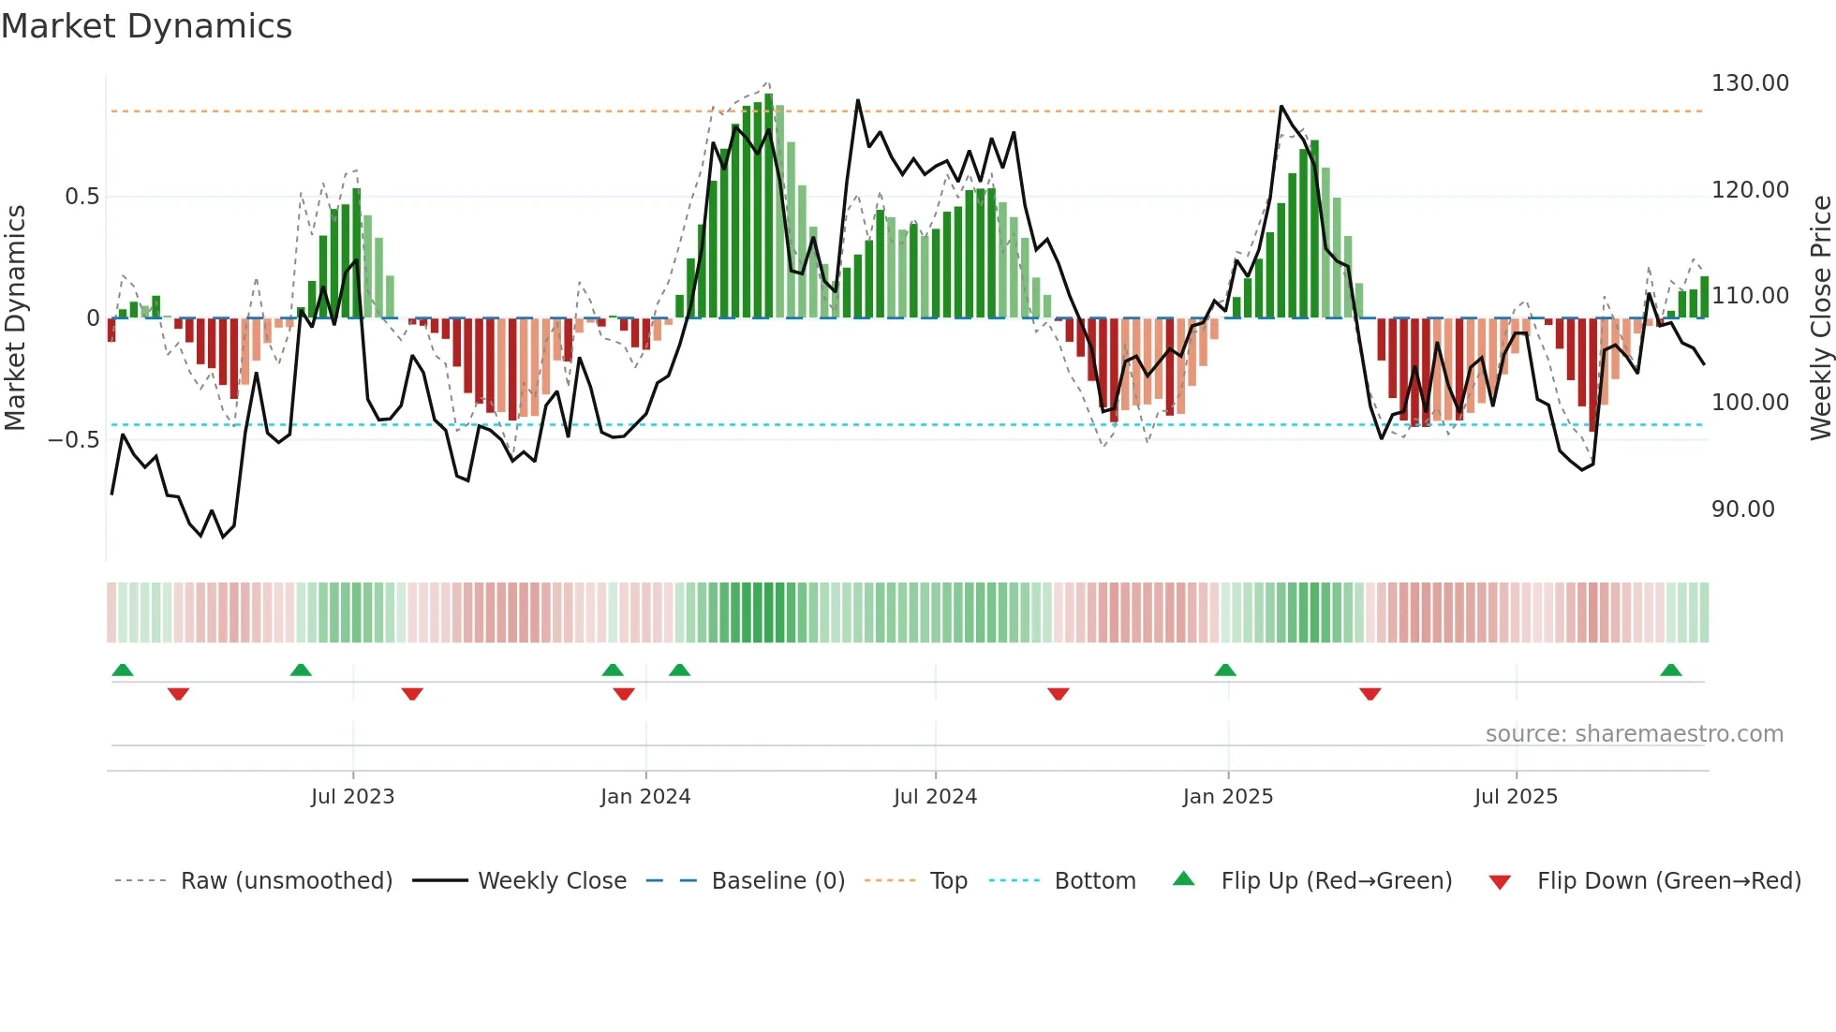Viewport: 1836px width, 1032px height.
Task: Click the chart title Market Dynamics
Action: click(146, 26)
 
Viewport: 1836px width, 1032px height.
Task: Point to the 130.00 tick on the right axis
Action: click(1750, 83)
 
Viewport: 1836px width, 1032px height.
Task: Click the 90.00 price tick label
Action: click(1742, 509)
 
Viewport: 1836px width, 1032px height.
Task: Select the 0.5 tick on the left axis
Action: click(81, 197)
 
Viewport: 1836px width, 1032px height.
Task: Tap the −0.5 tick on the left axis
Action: click(73, 440)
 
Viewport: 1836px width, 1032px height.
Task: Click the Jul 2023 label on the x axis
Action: click(352, 797)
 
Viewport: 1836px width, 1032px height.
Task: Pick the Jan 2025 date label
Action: click(1227, 797)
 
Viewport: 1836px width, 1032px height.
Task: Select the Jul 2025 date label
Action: click(1516, 797)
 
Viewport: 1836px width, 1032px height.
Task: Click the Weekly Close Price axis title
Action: click(1820, 318)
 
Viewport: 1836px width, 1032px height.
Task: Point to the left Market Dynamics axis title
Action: click(15, 318)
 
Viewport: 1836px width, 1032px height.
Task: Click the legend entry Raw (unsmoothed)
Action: click(286, 881)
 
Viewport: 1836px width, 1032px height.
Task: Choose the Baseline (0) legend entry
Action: click(777, 881)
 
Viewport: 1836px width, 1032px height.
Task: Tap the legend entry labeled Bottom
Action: click(1094, 881)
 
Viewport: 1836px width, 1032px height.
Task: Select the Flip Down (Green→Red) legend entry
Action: click(1668, 881)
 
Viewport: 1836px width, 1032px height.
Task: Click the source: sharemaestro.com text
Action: click(1634, 734)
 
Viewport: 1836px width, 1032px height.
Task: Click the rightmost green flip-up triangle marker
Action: click(1670, 671)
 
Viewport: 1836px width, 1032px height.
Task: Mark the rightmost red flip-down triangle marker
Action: click(1370, 694)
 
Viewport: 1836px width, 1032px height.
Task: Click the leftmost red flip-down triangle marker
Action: click(178, 694)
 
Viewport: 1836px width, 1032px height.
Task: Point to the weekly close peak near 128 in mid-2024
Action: click(857, 101)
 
